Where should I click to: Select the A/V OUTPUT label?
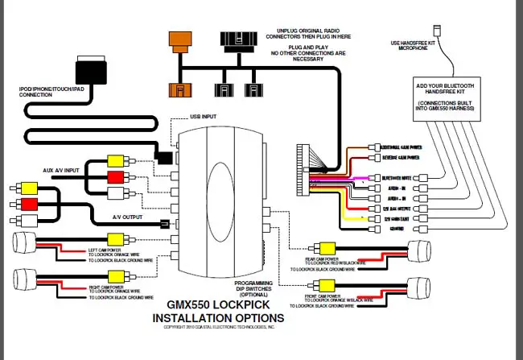(x=129, y=217)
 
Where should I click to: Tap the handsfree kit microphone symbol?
(x=434, y=31)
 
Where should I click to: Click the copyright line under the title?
(x=219, y=329)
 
